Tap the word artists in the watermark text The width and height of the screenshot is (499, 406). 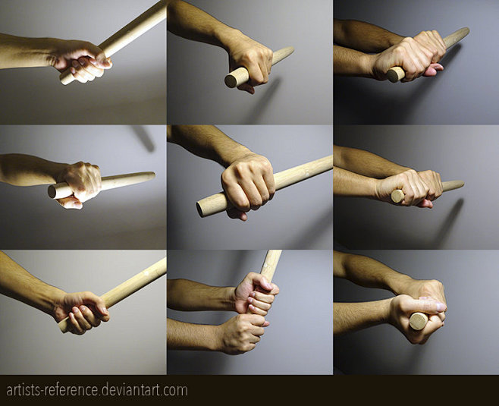[x=24, y=390]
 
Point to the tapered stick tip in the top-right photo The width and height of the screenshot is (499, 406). [x=466, y=32]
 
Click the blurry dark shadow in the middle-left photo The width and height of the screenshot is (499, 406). [x=144, y=137]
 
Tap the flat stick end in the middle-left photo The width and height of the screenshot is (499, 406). [x=52, y=192]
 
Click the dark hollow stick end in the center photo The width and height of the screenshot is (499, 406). [x=200, y=209]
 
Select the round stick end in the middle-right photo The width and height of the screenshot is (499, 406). [x=398, y=196]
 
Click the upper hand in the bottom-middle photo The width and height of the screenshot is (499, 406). [x=256, y=294]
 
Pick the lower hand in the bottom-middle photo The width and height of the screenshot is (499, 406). [x=243, y=333]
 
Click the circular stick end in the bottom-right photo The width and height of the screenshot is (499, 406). [x=419, y=321]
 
